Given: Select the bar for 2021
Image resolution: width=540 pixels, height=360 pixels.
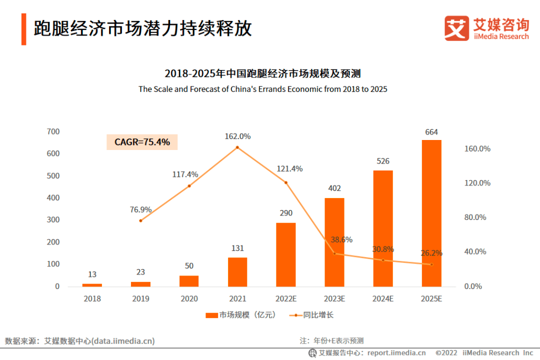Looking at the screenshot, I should tap(237, 272).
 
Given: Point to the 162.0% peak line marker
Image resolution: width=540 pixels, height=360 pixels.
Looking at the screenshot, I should tap(237, 147).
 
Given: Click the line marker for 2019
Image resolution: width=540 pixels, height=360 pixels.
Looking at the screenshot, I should tap(140, 220).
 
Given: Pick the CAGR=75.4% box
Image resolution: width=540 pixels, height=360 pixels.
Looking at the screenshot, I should tap(142, 142).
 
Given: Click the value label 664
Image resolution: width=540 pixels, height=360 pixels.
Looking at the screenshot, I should tap(431, 132).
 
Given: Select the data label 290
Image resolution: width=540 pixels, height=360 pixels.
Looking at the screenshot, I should tap(286, 213).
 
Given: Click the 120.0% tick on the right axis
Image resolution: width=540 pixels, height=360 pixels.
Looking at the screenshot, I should tap(477, 183).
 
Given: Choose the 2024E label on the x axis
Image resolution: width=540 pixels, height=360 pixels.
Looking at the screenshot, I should tap(382, 299).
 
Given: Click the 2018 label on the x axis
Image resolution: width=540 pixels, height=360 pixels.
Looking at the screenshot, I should tap(92, 299).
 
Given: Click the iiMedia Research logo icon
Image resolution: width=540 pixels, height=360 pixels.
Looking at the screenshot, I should tap(456, 28).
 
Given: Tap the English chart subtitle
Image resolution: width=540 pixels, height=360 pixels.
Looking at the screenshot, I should tap(263, 89).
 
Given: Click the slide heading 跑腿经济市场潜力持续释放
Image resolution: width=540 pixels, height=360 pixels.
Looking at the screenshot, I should tap(142, 29).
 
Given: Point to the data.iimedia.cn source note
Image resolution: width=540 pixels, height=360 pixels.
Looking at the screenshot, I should tap(80, 341).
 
